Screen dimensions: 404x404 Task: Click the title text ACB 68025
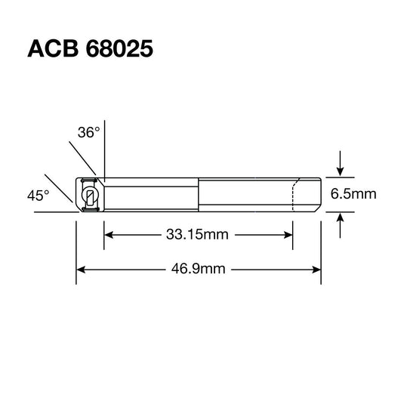91,49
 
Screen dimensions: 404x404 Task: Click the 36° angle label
88,133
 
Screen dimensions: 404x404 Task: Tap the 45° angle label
38,195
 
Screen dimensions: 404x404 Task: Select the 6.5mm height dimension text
353,195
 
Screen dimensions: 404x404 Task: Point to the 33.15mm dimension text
196,234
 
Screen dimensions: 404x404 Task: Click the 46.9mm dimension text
199,268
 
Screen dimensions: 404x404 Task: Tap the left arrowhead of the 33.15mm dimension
108,234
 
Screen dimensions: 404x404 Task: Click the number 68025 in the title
117,49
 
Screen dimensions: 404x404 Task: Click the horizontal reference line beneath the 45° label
53,213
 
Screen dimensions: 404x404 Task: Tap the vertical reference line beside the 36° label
103,151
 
